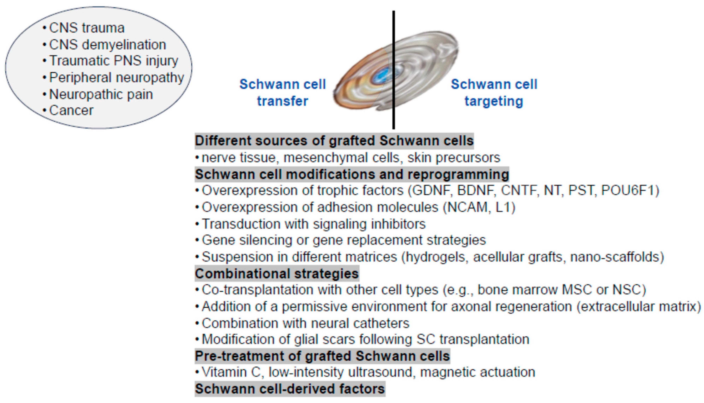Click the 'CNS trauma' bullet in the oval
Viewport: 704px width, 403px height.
pos(87,28)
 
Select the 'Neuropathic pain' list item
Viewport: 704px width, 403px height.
pos(101,94)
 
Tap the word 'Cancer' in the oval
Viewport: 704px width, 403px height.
pos(71,110)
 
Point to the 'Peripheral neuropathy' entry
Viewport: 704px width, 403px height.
pos(116,78)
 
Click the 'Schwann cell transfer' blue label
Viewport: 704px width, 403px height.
pos(282,92)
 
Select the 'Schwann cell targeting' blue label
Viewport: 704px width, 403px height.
pos(494,92)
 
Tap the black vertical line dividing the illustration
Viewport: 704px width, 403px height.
pos(394,116)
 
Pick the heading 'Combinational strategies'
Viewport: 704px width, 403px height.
pos(277,273)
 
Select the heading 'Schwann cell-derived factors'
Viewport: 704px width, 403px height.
pos(290,389)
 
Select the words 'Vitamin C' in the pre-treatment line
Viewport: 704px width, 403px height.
pos(231,372)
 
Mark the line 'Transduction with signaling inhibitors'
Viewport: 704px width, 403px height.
pos(313,224)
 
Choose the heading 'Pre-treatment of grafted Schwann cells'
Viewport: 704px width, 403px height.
pos(322,356)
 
